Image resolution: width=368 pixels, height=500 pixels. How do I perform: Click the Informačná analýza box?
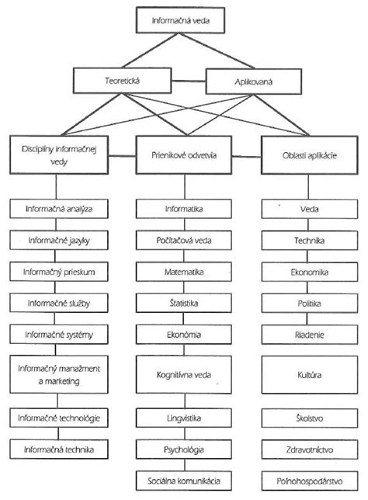coord(55,209)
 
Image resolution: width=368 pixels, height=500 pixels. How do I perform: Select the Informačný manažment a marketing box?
coord(55,374)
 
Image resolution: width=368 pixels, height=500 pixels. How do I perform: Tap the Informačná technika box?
coord(55,449)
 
